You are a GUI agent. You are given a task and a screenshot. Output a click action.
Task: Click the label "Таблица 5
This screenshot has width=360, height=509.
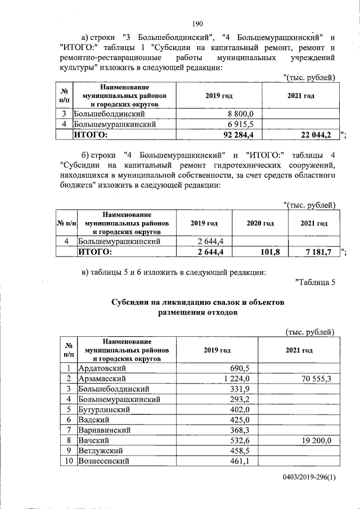pyautogui.click(x=315, y=282)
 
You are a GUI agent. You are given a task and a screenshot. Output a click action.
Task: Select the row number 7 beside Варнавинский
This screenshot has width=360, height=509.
pyautogui.click(x=67, y=430)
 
